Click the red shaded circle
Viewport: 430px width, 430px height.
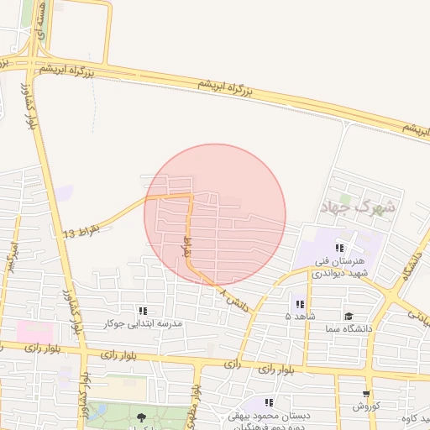pos(215,215)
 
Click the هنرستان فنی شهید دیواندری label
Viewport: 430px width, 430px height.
pos(339,267)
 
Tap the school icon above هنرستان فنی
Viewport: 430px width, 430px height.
pos(339,249)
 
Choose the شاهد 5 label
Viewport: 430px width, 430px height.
pos(300,317)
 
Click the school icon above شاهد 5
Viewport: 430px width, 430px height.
pos(300,304)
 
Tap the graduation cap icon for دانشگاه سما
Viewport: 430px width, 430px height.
pos(348,316)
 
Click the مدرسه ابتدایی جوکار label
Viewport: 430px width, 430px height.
pos(143,323)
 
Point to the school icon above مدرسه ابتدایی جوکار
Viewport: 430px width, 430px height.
pos(143,311)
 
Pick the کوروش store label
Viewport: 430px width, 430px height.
pos(366,406)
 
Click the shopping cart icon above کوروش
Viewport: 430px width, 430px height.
pos(366,394)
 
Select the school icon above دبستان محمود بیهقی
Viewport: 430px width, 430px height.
pos(270,402)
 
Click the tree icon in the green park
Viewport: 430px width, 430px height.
pos(140,416)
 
